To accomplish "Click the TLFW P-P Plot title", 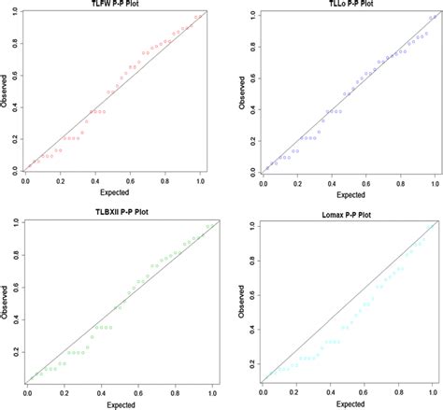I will click(x=109, y=5).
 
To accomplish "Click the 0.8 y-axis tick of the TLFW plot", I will click(x=14, y=47).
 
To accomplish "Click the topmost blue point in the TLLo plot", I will click(x=429, y=17).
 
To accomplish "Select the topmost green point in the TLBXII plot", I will click(x=207, y=225).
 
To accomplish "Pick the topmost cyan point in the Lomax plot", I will click(x=428, y=227).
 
